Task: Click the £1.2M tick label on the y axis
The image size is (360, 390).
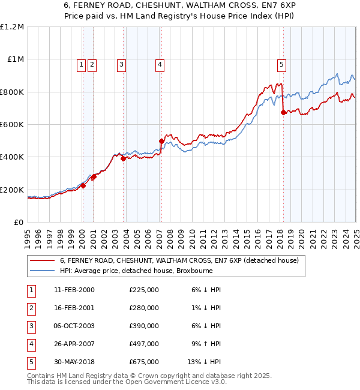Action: point(12,26)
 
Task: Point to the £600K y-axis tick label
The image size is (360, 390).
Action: point(12,124)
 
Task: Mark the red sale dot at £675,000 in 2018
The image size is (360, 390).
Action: point(283,112)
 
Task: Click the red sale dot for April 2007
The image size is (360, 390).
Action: point(161,141)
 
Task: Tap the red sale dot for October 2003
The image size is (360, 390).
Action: point(123,158)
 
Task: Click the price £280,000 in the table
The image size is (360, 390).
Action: point(144,308)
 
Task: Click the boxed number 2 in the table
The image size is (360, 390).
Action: point(31,308)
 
